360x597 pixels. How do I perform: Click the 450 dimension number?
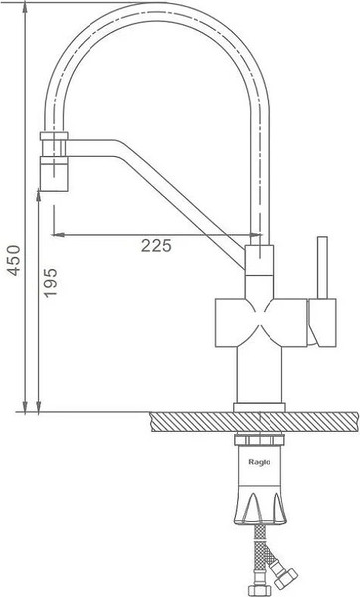click(x=14, y=260)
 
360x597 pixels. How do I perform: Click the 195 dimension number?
click(x=50, y=283)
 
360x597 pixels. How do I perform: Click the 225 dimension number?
click(x=156, y=246)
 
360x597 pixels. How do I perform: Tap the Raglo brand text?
click(x=260, y=462)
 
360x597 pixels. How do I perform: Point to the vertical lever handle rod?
click(x=322, y=268)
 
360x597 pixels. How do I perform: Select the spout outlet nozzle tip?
click(x=54, y=178)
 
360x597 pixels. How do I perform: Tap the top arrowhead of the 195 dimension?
click(x=39, y=195)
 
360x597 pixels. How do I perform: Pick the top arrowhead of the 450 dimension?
click(x=25, y=6)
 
